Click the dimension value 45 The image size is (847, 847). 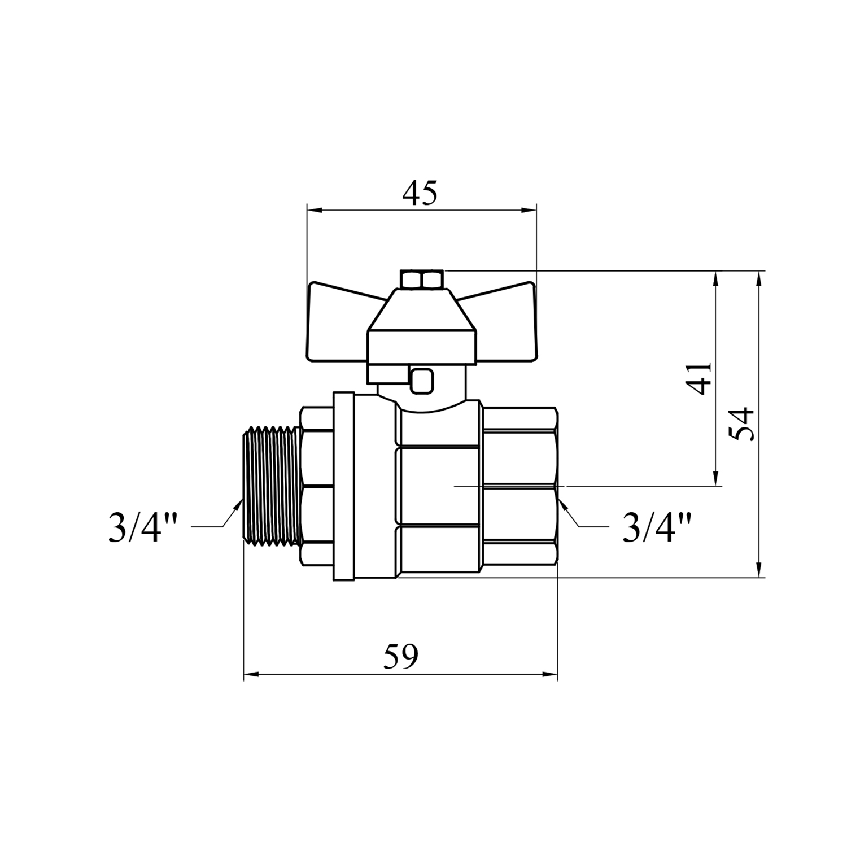point(420,194)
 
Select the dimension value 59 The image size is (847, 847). point(401,657)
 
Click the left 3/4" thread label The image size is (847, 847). point(143,527)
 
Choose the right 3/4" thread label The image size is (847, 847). point(657,527)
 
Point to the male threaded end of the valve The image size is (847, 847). point(272,486)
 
